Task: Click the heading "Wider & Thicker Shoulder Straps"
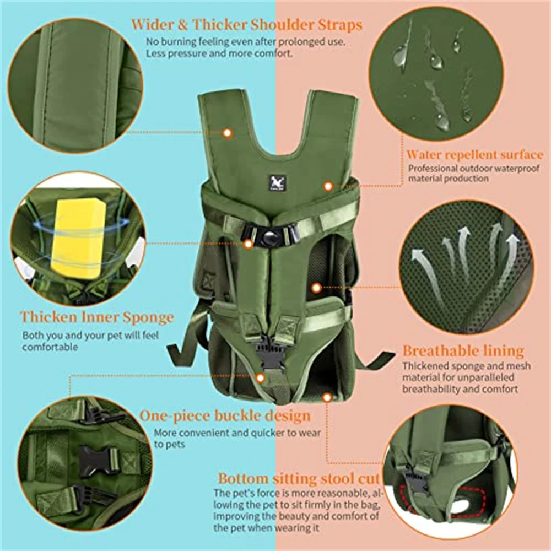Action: [x=247, y=25]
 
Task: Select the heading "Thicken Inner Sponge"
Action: [x=97, y=317]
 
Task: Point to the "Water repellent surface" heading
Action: [x=474, y=155]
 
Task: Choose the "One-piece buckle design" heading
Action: [x=225, y=415]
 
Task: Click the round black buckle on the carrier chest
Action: [x=271, y=236]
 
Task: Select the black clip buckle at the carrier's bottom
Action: [x=271, y=352]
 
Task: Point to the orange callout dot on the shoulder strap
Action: [x=226, y=132]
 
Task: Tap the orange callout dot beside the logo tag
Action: [x=328, y=186]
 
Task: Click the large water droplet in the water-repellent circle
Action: [x=401, y=55]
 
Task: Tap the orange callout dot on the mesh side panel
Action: [x=316, y=287]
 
